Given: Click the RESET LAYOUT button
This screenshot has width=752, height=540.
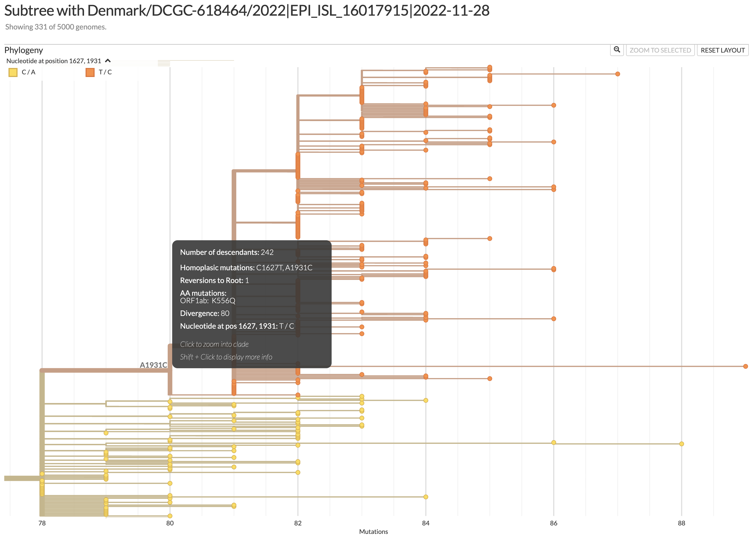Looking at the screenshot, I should [722, 50].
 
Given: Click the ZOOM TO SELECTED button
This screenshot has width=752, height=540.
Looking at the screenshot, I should [660, 50].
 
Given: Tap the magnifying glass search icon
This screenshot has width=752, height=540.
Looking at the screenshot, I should [617, 50].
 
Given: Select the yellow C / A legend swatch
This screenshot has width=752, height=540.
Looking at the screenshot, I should [13, 72].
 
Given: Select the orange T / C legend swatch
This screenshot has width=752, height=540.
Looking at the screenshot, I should [90, 72].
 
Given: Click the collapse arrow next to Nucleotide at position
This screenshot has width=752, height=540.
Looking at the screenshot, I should [108, 61].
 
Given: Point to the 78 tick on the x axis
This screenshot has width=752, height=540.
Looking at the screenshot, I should [42, 523].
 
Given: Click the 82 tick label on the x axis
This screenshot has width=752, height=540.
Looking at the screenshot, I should [298, 523].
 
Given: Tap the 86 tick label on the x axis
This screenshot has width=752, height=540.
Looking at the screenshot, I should [554, 523].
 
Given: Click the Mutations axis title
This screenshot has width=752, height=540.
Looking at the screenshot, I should [373, 532].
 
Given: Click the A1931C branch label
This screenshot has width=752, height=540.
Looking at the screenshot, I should [153, 365].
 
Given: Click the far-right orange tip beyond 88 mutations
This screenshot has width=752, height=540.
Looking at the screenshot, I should [745, 366].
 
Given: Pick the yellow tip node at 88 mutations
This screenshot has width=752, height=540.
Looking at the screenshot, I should [681, 444].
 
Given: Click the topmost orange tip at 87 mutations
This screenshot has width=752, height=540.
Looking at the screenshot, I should [617, 74].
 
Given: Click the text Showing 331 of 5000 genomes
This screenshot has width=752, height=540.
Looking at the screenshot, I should [56, 27].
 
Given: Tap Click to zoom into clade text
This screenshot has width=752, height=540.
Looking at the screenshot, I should [214, 344].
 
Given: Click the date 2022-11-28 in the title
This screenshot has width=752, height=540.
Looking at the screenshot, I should [451, 11].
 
